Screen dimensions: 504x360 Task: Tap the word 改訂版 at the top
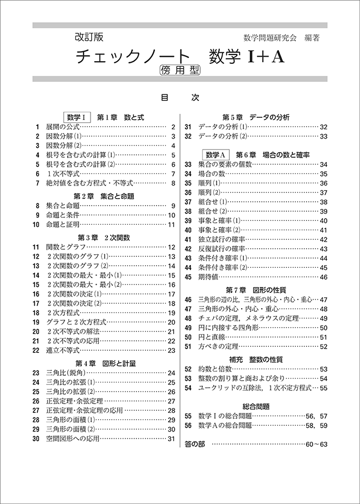[x=88, y=38]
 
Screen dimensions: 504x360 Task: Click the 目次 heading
[x=179, y=99]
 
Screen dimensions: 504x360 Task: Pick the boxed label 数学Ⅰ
[x=77, y=117]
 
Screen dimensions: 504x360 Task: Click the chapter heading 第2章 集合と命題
[x=103, y=196]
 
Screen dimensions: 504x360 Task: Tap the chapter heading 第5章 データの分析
[x=256, y=117]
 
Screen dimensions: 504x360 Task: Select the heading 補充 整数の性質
[x=256, y=359]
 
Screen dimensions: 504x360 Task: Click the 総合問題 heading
[x=256, y=406]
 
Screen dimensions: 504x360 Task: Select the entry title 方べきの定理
[x=219, y=346]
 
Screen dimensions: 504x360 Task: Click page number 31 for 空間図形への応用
[x=171, y=438]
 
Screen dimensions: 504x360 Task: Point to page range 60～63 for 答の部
[x=316, y=445]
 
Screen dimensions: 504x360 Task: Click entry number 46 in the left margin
[x=188, y=299]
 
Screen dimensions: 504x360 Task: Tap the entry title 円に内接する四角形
[x=229, y=327]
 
